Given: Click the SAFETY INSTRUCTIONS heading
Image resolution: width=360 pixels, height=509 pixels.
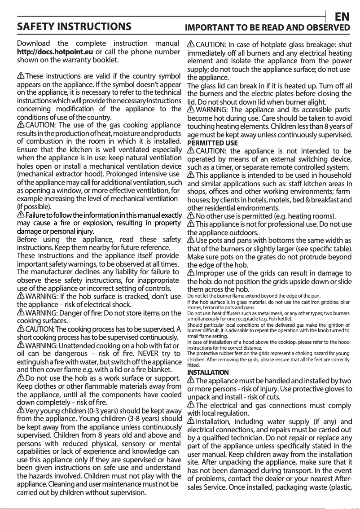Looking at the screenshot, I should coord(74,26).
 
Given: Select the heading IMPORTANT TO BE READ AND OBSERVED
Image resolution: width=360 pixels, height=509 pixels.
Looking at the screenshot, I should coord(268,27).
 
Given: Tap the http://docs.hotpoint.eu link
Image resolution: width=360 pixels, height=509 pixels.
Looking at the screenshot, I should coord(55,52).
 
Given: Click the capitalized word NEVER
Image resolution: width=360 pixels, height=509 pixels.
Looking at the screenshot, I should coord(147,353).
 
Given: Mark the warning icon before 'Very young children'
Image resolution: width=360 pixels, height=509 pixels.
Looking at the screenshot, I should coord(21,411).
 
